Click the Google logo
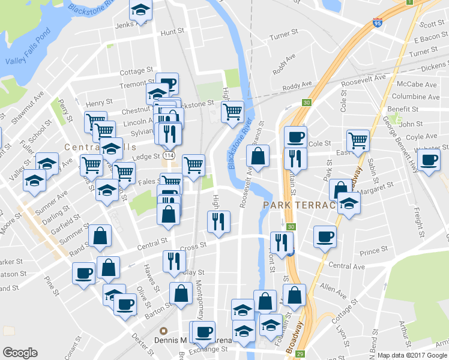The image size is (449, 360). point(20,353)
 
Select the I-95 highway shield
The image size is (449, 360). point(377,23)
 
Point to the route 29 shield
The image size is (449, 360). point(299,355)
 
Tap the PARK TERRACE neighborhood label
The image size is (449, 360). point(298,206)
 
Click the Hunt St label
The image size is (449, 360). point(172,31)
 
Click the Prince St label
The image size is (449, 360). point(375,251)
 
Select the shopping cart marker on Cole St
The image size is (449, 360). point(358,140)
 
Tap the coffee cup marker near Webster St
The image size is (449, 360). point(429,160)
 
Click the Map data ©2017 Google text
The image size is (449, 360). point(412,355)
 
